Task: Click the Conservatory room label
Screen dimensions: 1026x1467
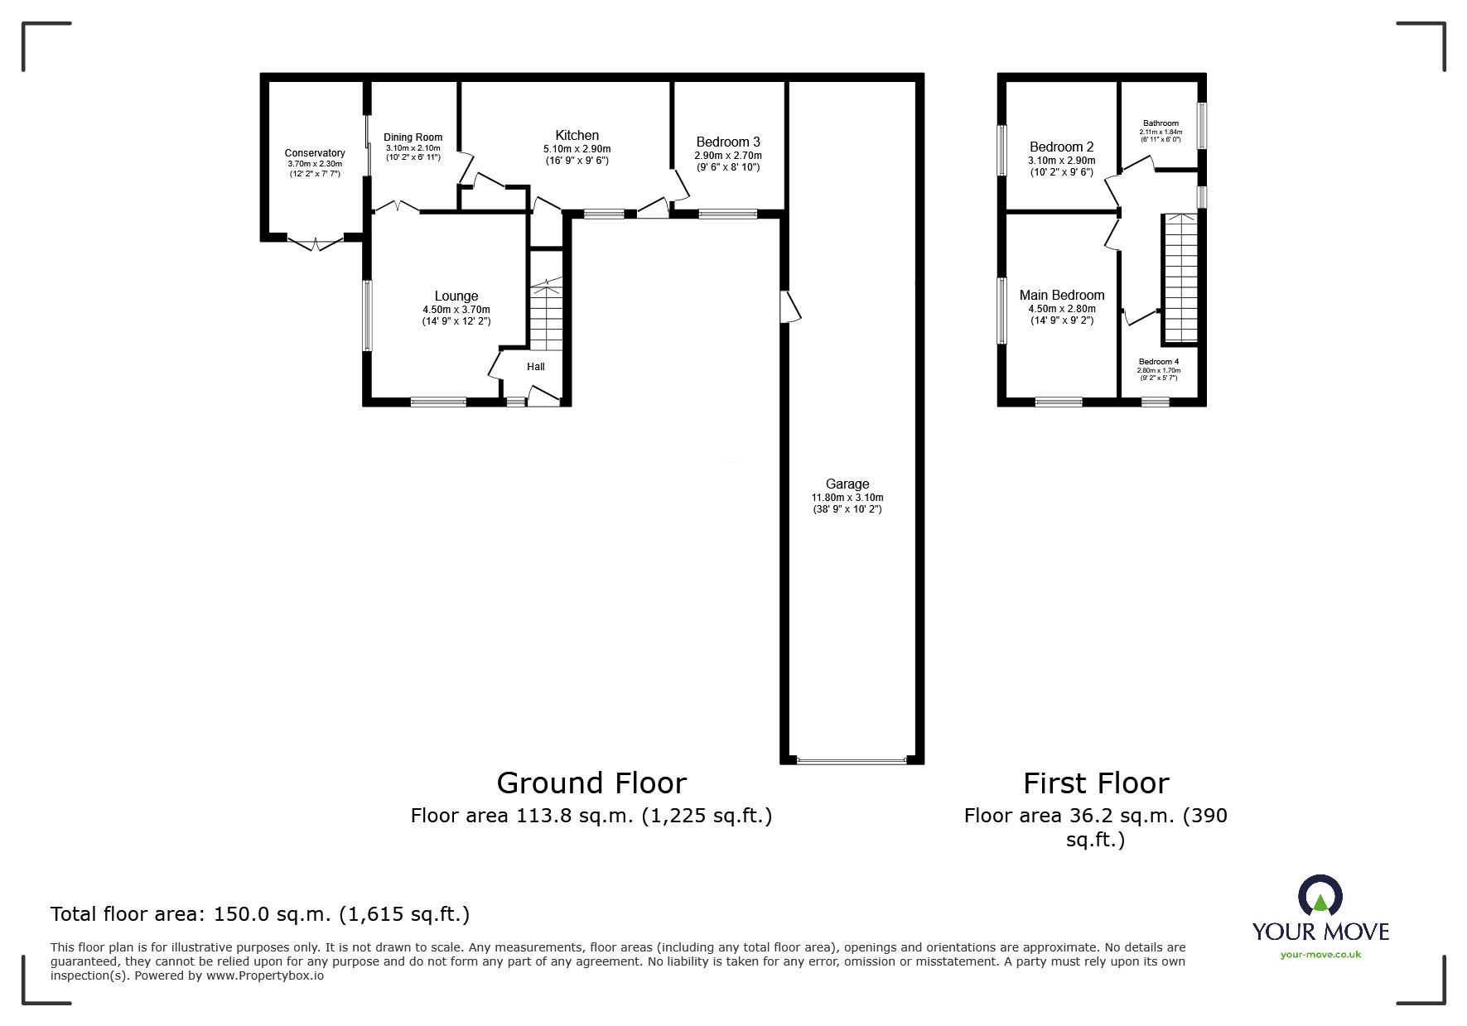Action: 315,153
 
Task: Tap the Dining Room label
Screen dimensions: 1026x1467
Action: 413,137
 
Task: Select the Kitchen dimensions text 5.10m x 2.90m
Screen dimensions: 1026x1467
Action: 577,149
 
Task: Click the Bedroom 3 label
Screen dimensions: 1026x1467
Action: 728,142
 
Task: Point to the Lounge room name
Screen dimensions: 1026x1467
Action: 456,296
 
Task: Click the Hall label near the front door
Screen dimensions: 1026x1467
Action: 536,367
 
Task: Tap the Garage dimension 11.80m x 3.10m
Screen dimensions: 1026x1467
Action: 847,498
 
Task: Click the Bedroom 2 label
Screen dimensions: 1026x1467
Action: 1062,147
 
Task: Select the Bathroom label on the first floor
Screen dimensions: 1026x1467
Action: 1160,123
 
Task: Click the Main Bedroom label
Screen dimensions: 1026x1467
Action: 1062,296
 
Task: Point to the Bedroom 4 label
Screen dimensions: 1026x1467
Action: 1158,362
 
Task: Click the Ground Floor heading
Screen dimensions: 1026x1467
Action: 591,783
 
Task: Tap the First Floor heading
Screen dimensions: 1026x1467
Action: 1096,783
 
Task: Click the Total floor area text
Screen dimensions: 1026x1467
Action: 260,914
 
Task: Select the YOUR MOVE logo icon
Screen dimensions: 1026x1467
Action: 1320,896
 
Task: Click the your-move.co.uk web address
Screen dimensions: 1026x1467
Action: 1320,955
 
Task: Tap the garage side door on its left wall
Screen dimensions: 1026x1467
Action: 792,306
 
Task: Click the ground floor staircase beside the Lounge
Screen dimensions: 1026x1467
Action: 547,315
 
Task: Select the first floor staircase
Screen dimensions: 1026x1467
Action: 1180,278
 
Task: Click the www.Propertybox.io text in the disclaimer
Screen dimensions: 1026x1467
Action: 264,975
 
